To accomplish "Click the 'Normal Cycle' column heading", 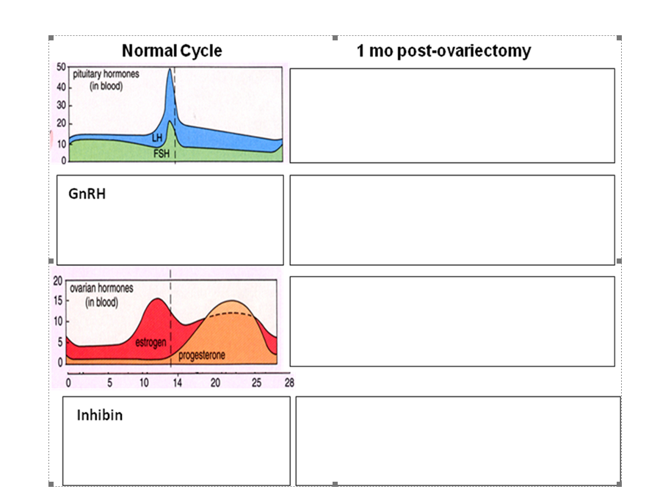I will (x=172, y=51).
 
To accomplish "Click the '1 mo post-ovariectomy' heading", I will (x=443, y=51).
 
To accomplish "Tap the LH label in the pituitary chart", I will (x=156, y=138).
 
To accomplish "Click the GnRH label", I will (x=82, y=195).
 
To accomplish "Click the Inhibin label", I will (x=99, y=416).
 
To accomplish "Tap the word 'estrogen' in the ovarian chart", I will (x=150, y=342).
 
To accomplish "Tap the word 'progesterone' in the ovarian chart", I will (x=202, y=355).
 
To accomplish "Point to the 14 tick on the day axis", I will (x=177, y=383).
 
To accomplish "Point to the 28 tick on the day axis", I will (x=289, y=383).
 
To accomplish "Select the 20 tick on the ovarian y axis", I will (x=59, y=281).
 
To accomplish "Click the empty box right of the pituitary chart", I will (x=451, y=115).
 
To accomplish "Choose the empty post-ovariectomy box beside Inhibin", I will (x=457, y=441).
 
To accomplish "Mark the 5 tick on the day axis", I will (x=109, y=383).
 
